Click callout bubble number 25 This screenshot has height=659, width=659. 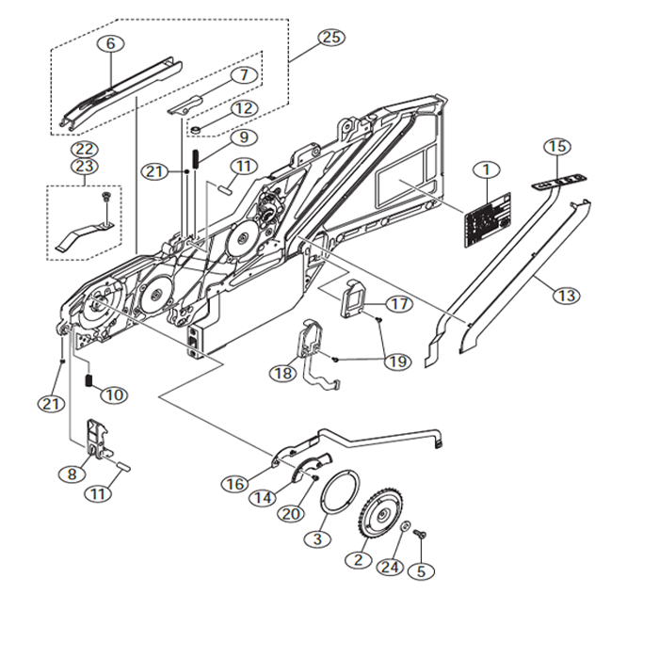pyautogui.click(x=330, y=38)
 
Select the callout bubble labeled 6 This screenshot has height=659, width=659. pyautogui.click(x=110, y=43)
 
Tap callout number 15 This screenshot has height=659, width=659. pyautogui.click(x=557, y=147)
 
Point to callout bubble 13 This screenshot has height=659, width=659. pyautogui.click(x=566, y=296)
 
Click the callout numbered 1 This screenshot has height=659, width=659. pyautogui.click(x=487, y=171)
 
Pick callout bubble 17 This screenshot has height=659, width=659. pyautogui.click(x=399, y=305)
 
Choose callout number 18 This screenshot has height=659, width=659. pyautogui.click(x=281, y=374)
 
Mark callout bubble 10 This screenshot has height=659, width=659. pyautogui.click(x=114, y=394)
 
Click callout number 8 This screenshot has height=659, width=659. pyautogui.click(x=72, y=474)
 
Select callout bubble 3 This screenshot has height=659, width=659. pyautogui.click(x=317, y=539)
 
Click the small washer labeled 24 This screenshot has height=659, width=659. pyautogui.click(x=405, y=527)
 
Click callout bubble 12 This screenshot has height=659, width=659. pyautogui.click(x=244, y=108)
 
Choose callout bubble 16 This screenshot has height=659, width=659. pyautogui.click(x=234, y=483)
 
